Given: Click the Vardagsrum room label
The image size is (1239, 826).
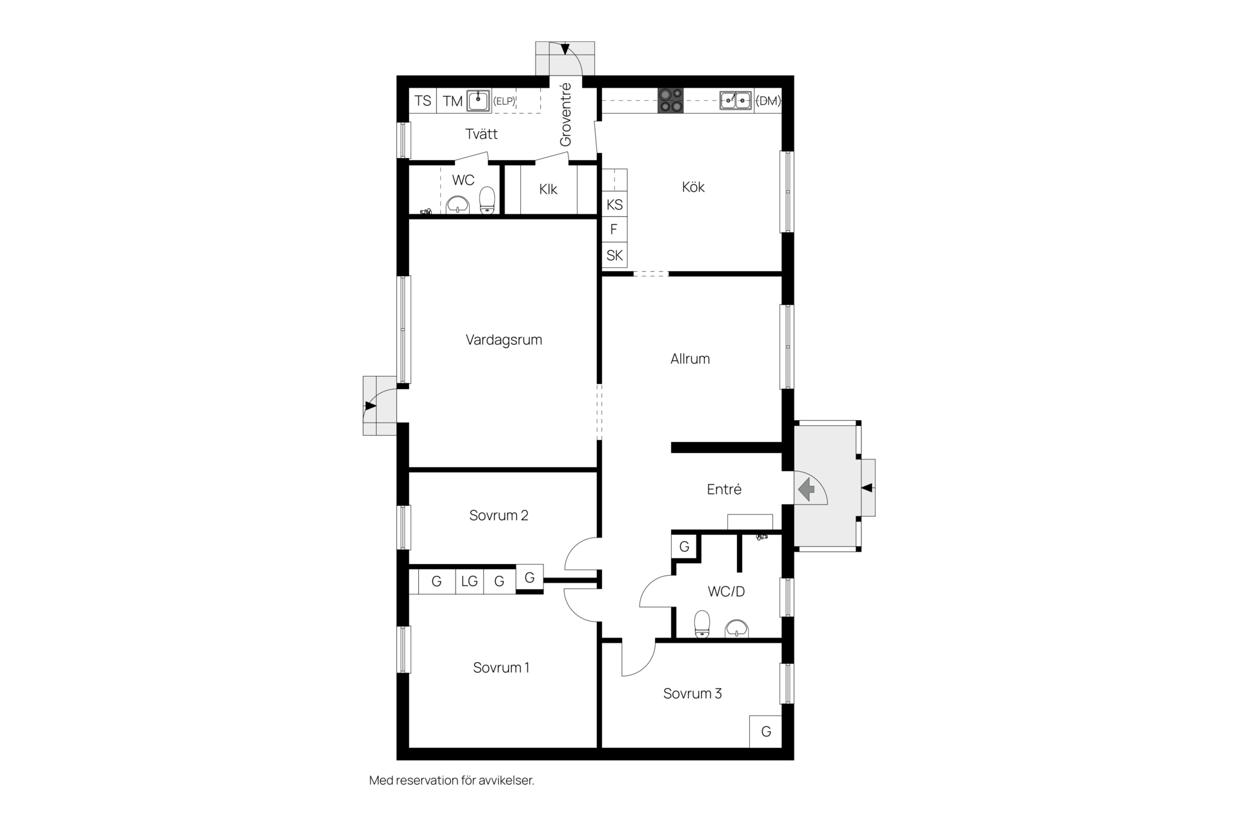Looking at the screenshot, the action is [x=503, y=340].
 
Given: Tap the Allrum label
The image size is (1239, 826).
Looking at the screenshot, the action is [x=690, y=359].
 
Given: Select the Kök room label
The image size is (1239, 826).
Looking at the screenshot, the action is [x=693, y=187].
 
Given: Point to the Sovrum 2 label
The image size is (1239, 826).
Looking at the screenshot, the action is [x=499, y=515].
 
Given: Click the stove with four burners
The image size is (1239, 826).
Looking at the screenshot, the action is [x=670, y=101].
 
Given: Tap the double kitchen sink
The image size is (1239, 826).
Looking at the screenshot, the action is [x=736, y=100].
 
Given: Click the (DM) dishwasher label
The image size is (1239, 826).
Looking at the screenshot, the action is [x=768, y=101].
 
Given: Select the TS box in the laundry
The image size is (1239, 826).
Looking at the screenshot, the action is [x=423, y=101].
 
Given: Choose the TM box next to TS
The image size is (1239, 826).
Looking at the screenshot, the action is [x=452, y=101].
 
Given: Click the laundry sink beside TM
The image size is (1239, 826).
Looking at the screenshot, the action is [x=478, y=100].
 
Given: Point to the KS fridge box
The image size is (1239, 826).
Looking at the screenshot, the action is [x=614, y=205].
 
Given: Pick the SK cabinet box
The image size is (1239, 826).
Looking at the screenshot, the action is [x=614, y=256].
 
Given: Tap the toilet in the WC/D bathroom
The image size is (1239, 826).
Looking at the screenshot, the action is [x=701, y=624].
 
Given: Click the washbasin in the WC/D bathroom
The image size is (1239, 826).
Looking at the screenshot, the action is [x=737, y=628].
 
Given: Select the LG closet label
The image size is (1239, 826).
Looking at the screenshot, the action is [x=469, y=581].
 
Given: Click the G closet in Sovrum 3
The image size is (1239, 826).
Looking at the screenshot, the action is [x=766, y=732].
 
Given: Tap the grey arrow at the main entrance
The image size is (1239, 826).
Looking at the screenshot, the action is [x=807, y=489].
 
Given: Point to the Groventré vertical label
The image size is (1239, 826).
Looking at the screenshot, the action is [x=565, y=114].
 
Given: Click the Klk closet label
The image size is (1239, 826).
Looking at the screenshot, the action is [x=548, y=190].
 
